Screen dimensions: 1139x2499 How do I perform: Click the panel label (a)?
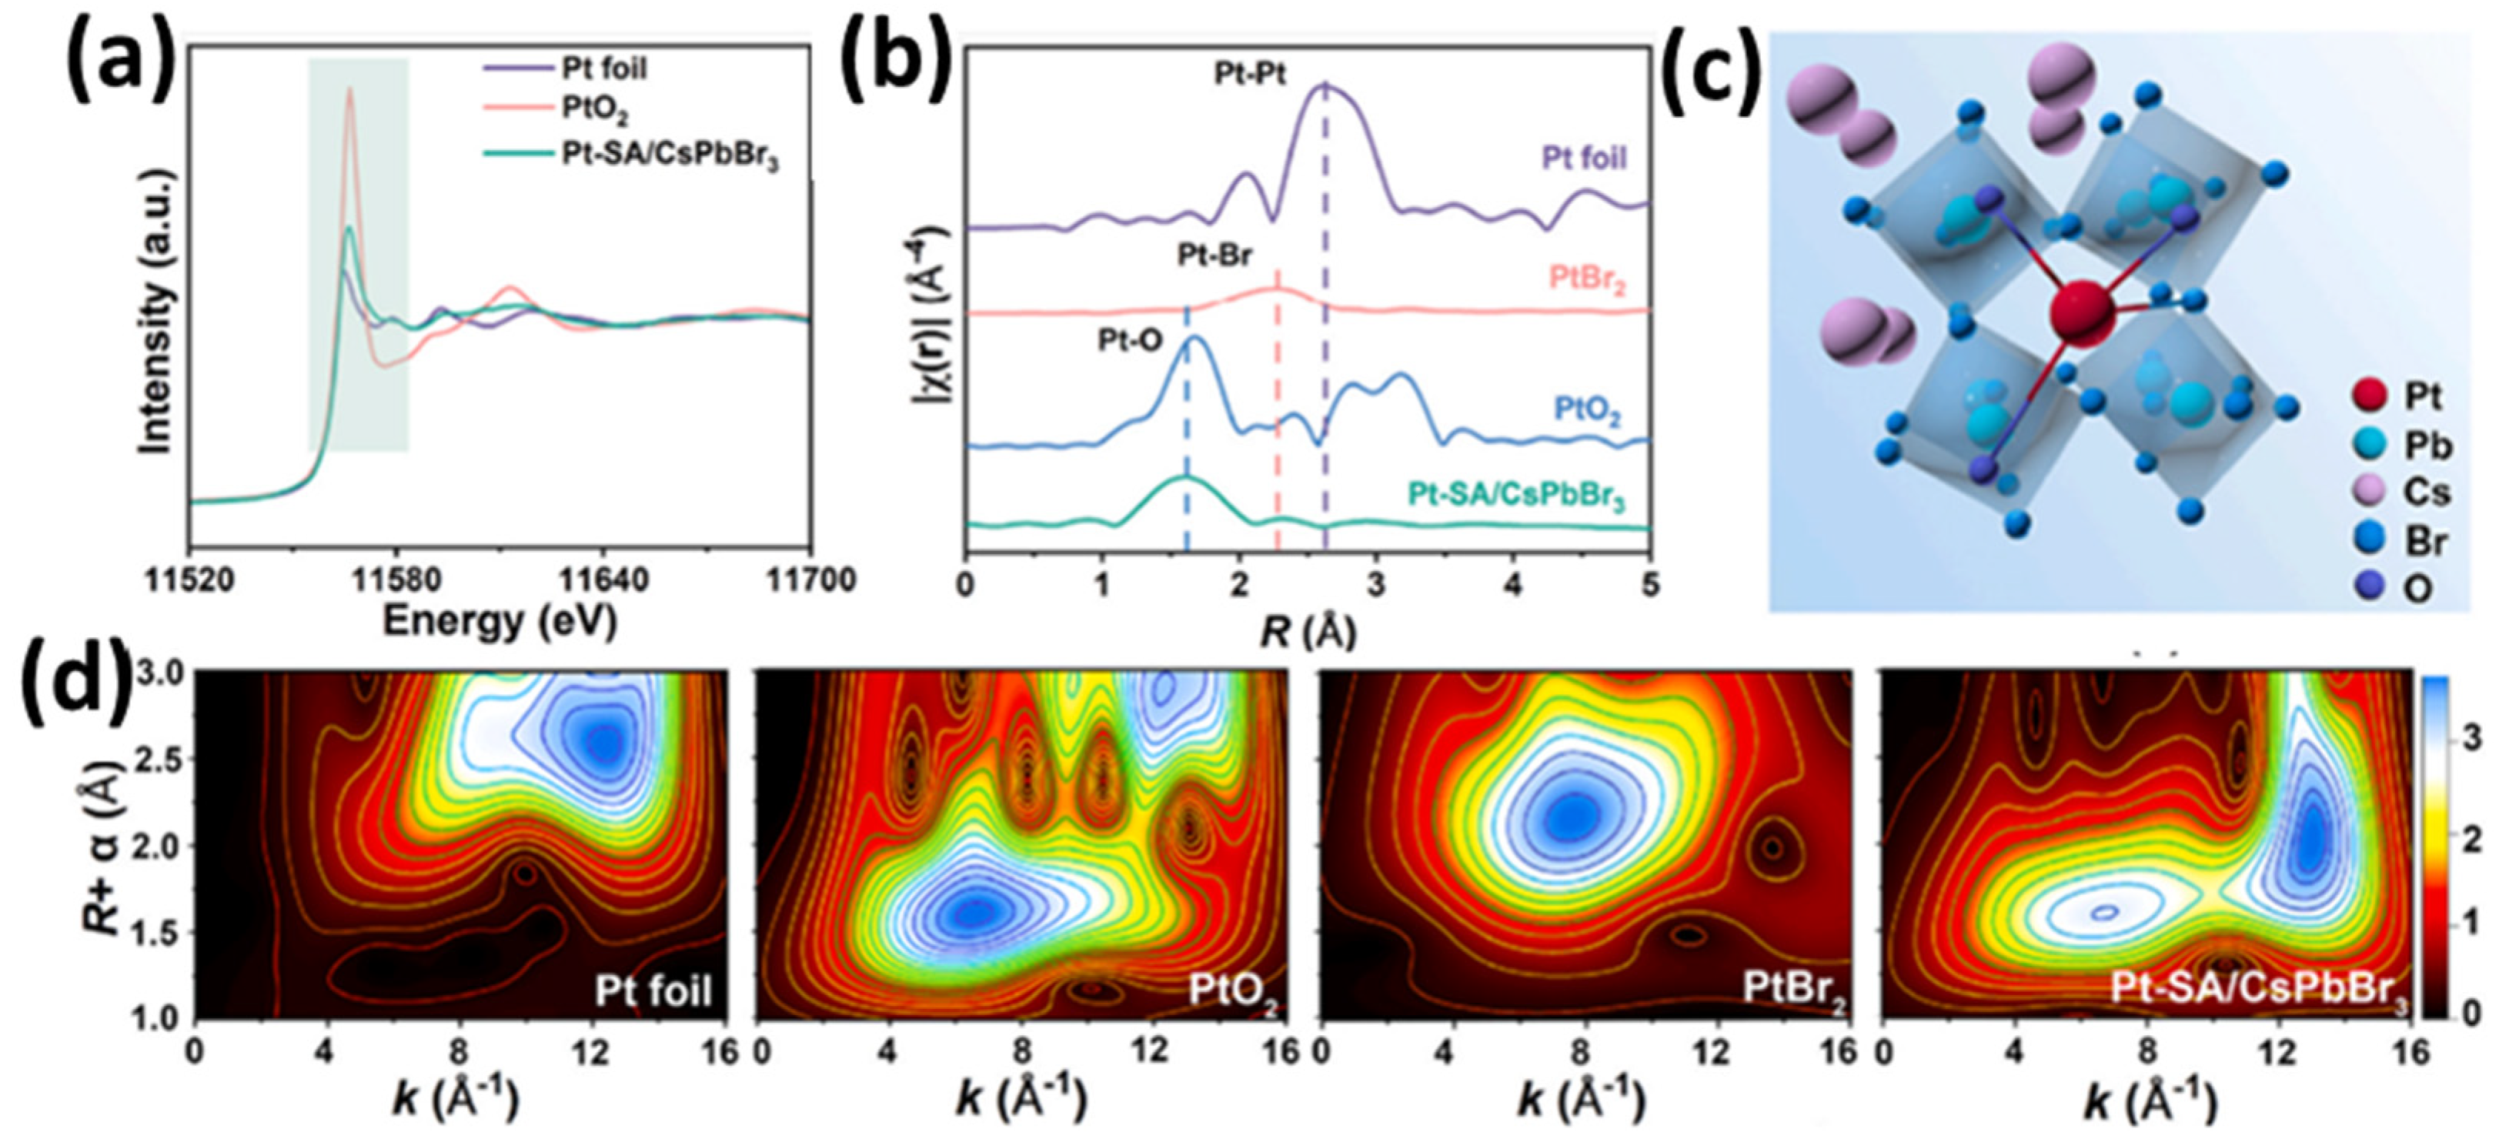pos(116,60)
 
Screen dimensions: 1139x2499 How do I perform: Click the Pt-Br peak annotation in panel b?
pos(1214,256)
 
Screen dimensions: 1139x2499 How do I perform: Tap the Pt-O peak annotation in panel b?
pos(1130,340)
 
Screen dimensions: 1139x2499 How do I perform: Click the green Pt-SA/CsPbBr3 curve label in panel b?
pos(1516,496)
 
